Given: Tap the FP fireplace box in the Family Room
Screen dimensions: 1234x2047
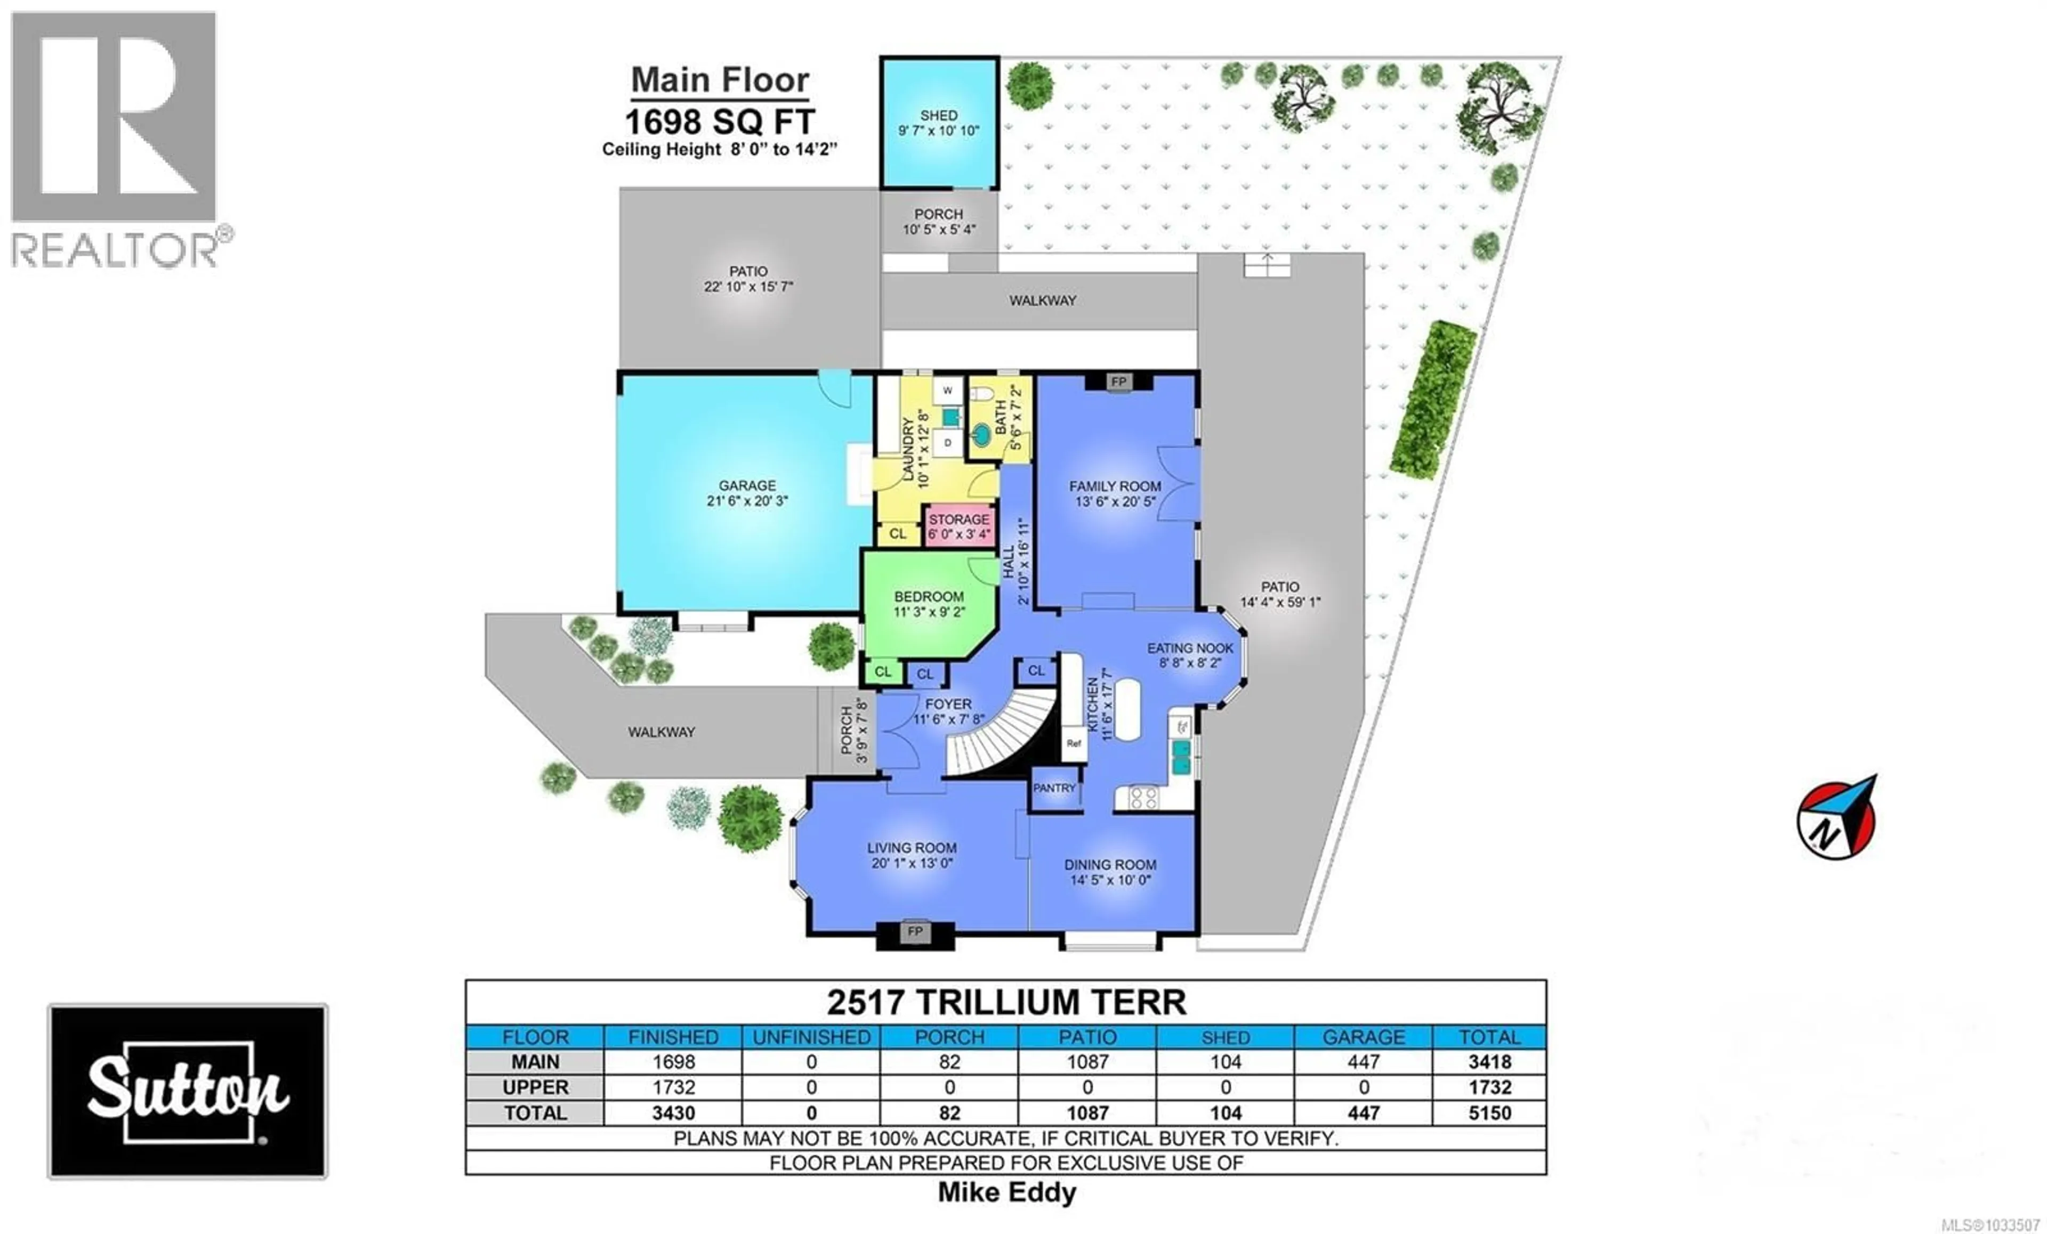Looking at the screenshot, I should [1118, 381].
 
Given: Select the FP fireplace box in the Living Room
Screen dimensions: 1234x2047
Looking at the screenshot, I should [915, 932].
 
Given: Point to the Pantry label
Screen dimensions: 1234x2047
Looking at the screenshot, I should [1054, 788].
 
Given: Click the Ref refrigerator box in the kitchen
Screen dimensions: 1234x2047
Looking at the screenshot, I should [1074, 743].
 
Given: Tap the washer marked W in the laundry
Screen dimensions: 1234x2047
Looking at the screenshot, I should [947, 391].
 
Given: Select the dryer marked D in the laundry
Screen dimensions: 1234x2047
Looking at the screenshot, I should [947, 443].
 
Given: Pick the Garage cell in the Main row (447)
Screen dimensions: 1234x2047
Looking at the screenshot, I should [1363, 1061].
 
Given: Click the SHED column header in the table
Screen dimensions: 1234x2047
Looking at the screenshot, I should [1226, 1037].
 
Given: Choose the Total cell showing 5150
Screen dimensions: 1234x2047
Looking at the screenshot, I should [1489, 1113].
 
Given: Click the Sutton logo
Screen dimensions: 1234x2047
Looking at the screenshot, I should [188, 1091].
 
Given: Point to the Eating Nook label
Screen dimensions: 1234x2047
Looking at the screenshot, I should [1190, 648].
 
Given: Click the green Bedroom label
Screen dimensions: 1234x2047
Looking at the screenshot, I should [929, 596].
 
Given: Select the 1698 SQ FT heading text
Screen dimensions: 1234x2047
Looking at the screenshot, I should [720, 122].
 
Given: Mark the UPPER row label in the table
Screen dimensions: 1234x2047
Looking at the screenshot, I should [535, 1087].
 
